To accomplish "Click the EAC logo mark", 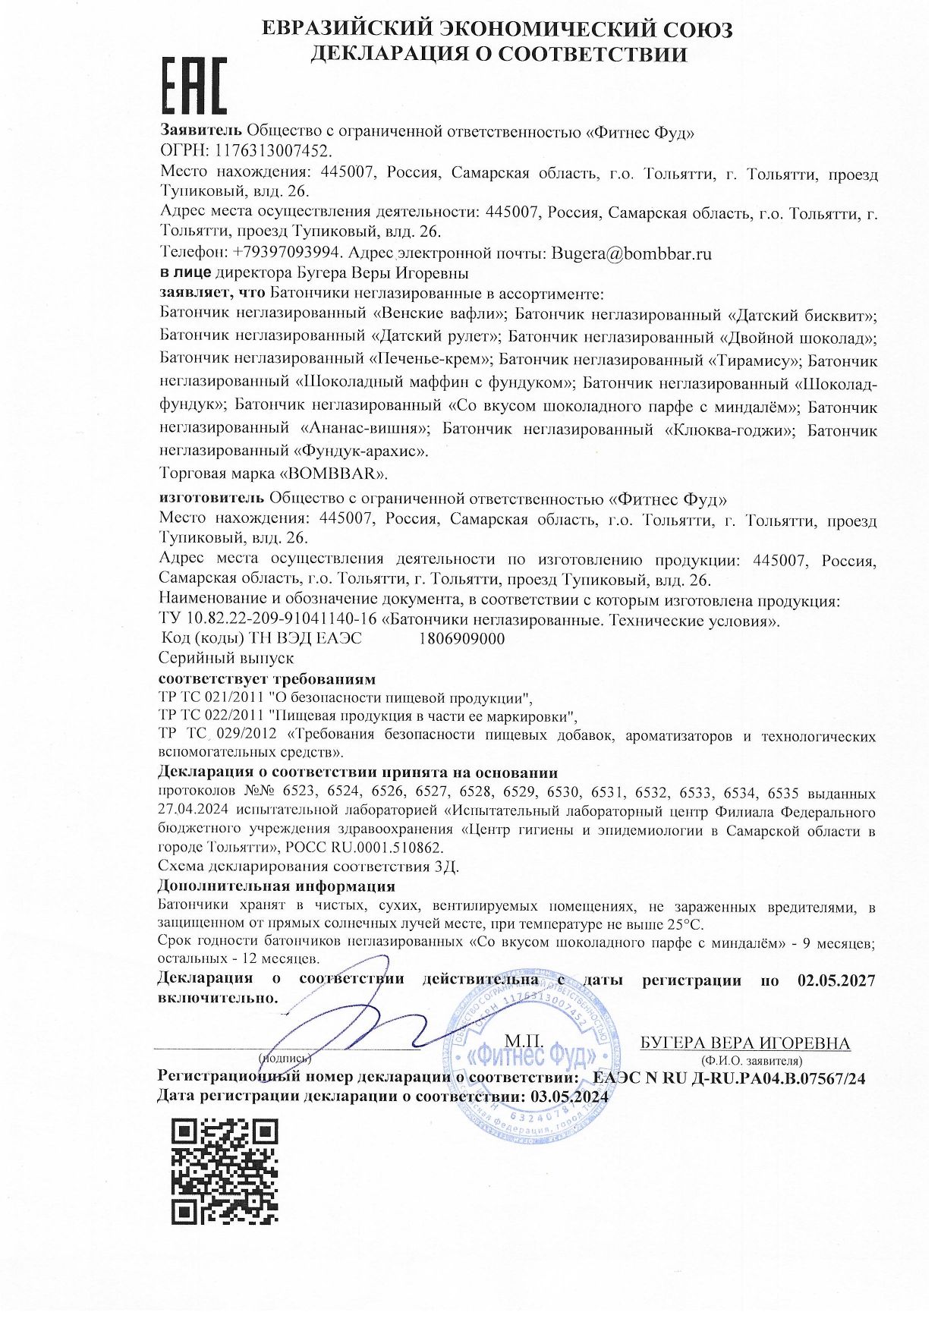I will coord(194,86).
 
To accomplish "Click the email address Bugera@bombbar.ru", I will coord(631,253).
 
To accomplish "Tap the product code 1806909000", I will coord(461,638).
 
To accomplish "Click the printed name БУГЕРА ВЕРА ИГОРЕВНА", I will coord(745,1043).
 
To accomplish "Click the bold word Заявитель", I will coord(201,132).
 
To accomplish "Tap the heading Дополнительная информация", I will coord(276,885).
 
